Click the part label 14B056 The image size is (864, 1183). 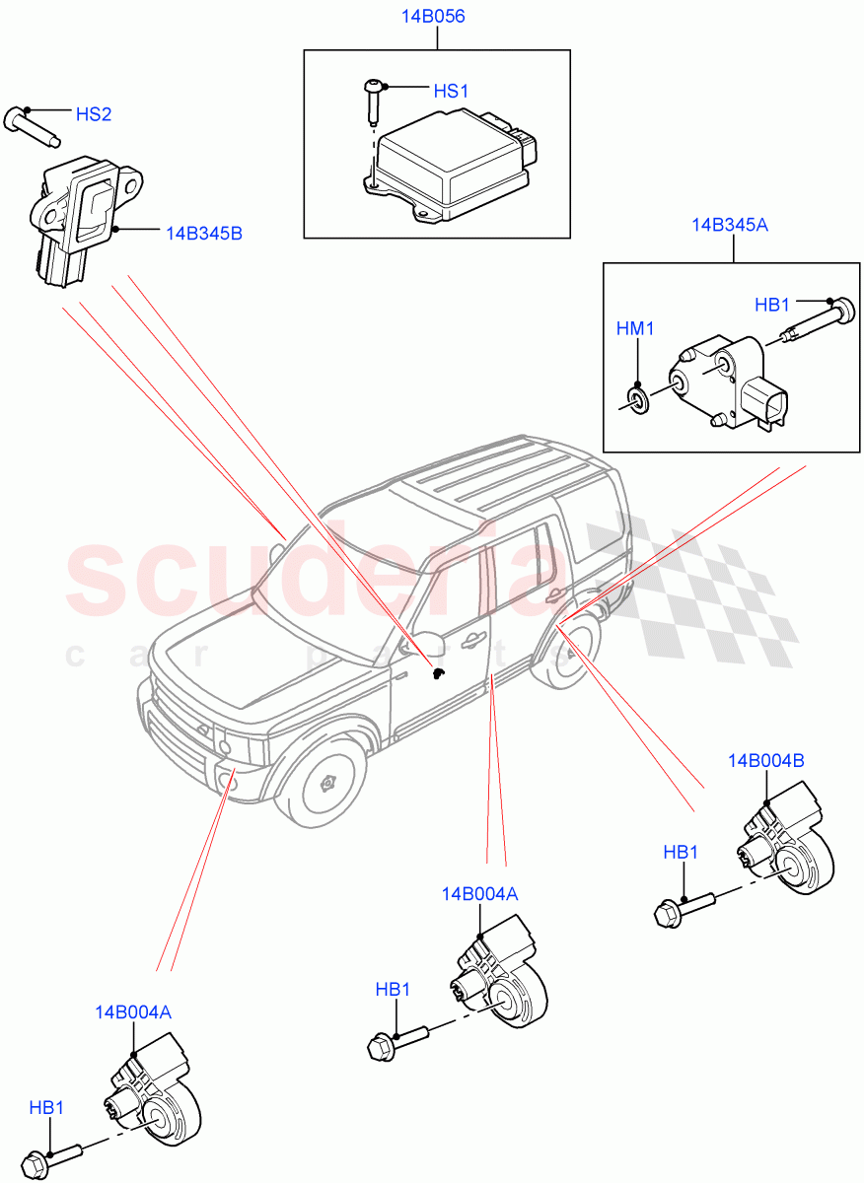tap(435, 17)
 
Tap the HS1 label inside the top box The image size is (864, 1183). tap(451, 91)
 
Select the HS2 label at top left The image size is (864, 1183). tap(94, 114)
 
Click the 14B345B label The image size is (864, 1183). tap(203, 234)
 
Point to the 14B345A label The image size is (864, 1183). tap(729, 225)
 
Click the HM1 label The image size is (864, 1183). tap(636, 328)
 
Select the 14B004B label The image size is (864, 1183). tap(766, 760)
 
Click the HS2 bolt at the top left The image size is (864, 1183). tap(32, 125)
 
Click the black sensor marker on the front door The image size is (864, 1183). tap(439, 673)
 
